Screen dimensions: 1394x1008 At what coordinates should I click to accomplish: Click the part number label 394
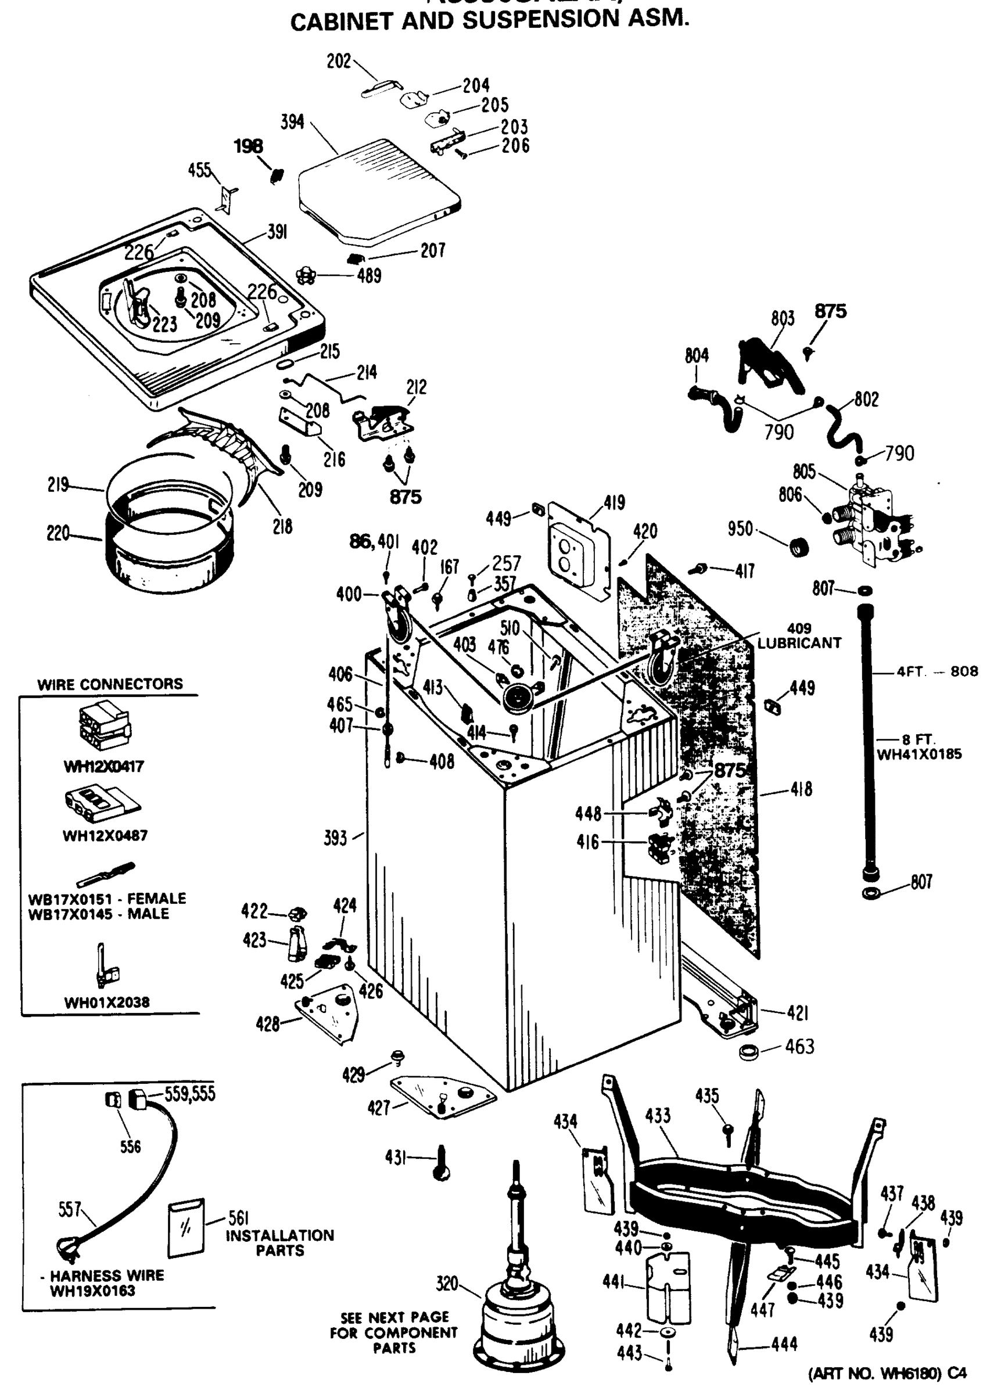(x=292, y=122)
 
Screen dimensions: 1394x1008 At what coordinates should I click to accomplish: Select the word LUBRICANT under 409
(x=798, y=643)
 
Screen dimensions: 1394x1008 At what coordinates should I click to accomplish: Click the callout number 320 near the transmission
(x=447, y=1284)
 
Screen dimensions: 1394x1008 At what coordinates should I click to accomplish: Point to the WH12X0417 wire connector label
(x=104, y=767)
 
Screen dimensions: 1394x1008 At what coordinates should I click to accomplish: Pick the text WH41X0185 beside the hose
(x=919, y=754)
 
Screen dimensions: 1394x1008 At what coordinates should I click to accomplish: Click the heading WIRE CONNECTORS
(x=110, y=684)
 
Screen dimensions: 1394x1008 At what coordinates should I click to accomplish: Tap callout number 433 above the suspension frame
(x=657, y=1116)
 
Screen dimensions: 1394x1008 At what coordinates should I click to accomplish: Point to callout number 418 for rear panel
(x=801, y=789)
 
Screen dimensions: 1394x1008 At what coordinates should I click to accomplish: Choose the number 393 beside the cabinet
(x=336, y=838)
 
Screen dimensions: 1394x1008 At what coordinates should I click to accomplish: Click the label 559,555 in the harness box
(x=190, y=1094)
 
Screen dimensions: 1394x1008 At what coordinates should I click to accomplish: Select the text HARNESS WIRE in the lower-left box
(x=106, y=1276)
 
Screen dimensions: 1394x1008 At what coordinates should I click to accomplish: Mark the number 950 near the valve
(x=740, y=529)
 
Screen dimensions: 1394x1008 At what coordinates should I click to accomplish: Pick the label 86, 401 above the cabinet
(x=374, y=541)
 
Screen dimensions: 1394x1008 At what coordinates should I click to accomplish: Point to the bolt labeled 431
(x=441, y=1163)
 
